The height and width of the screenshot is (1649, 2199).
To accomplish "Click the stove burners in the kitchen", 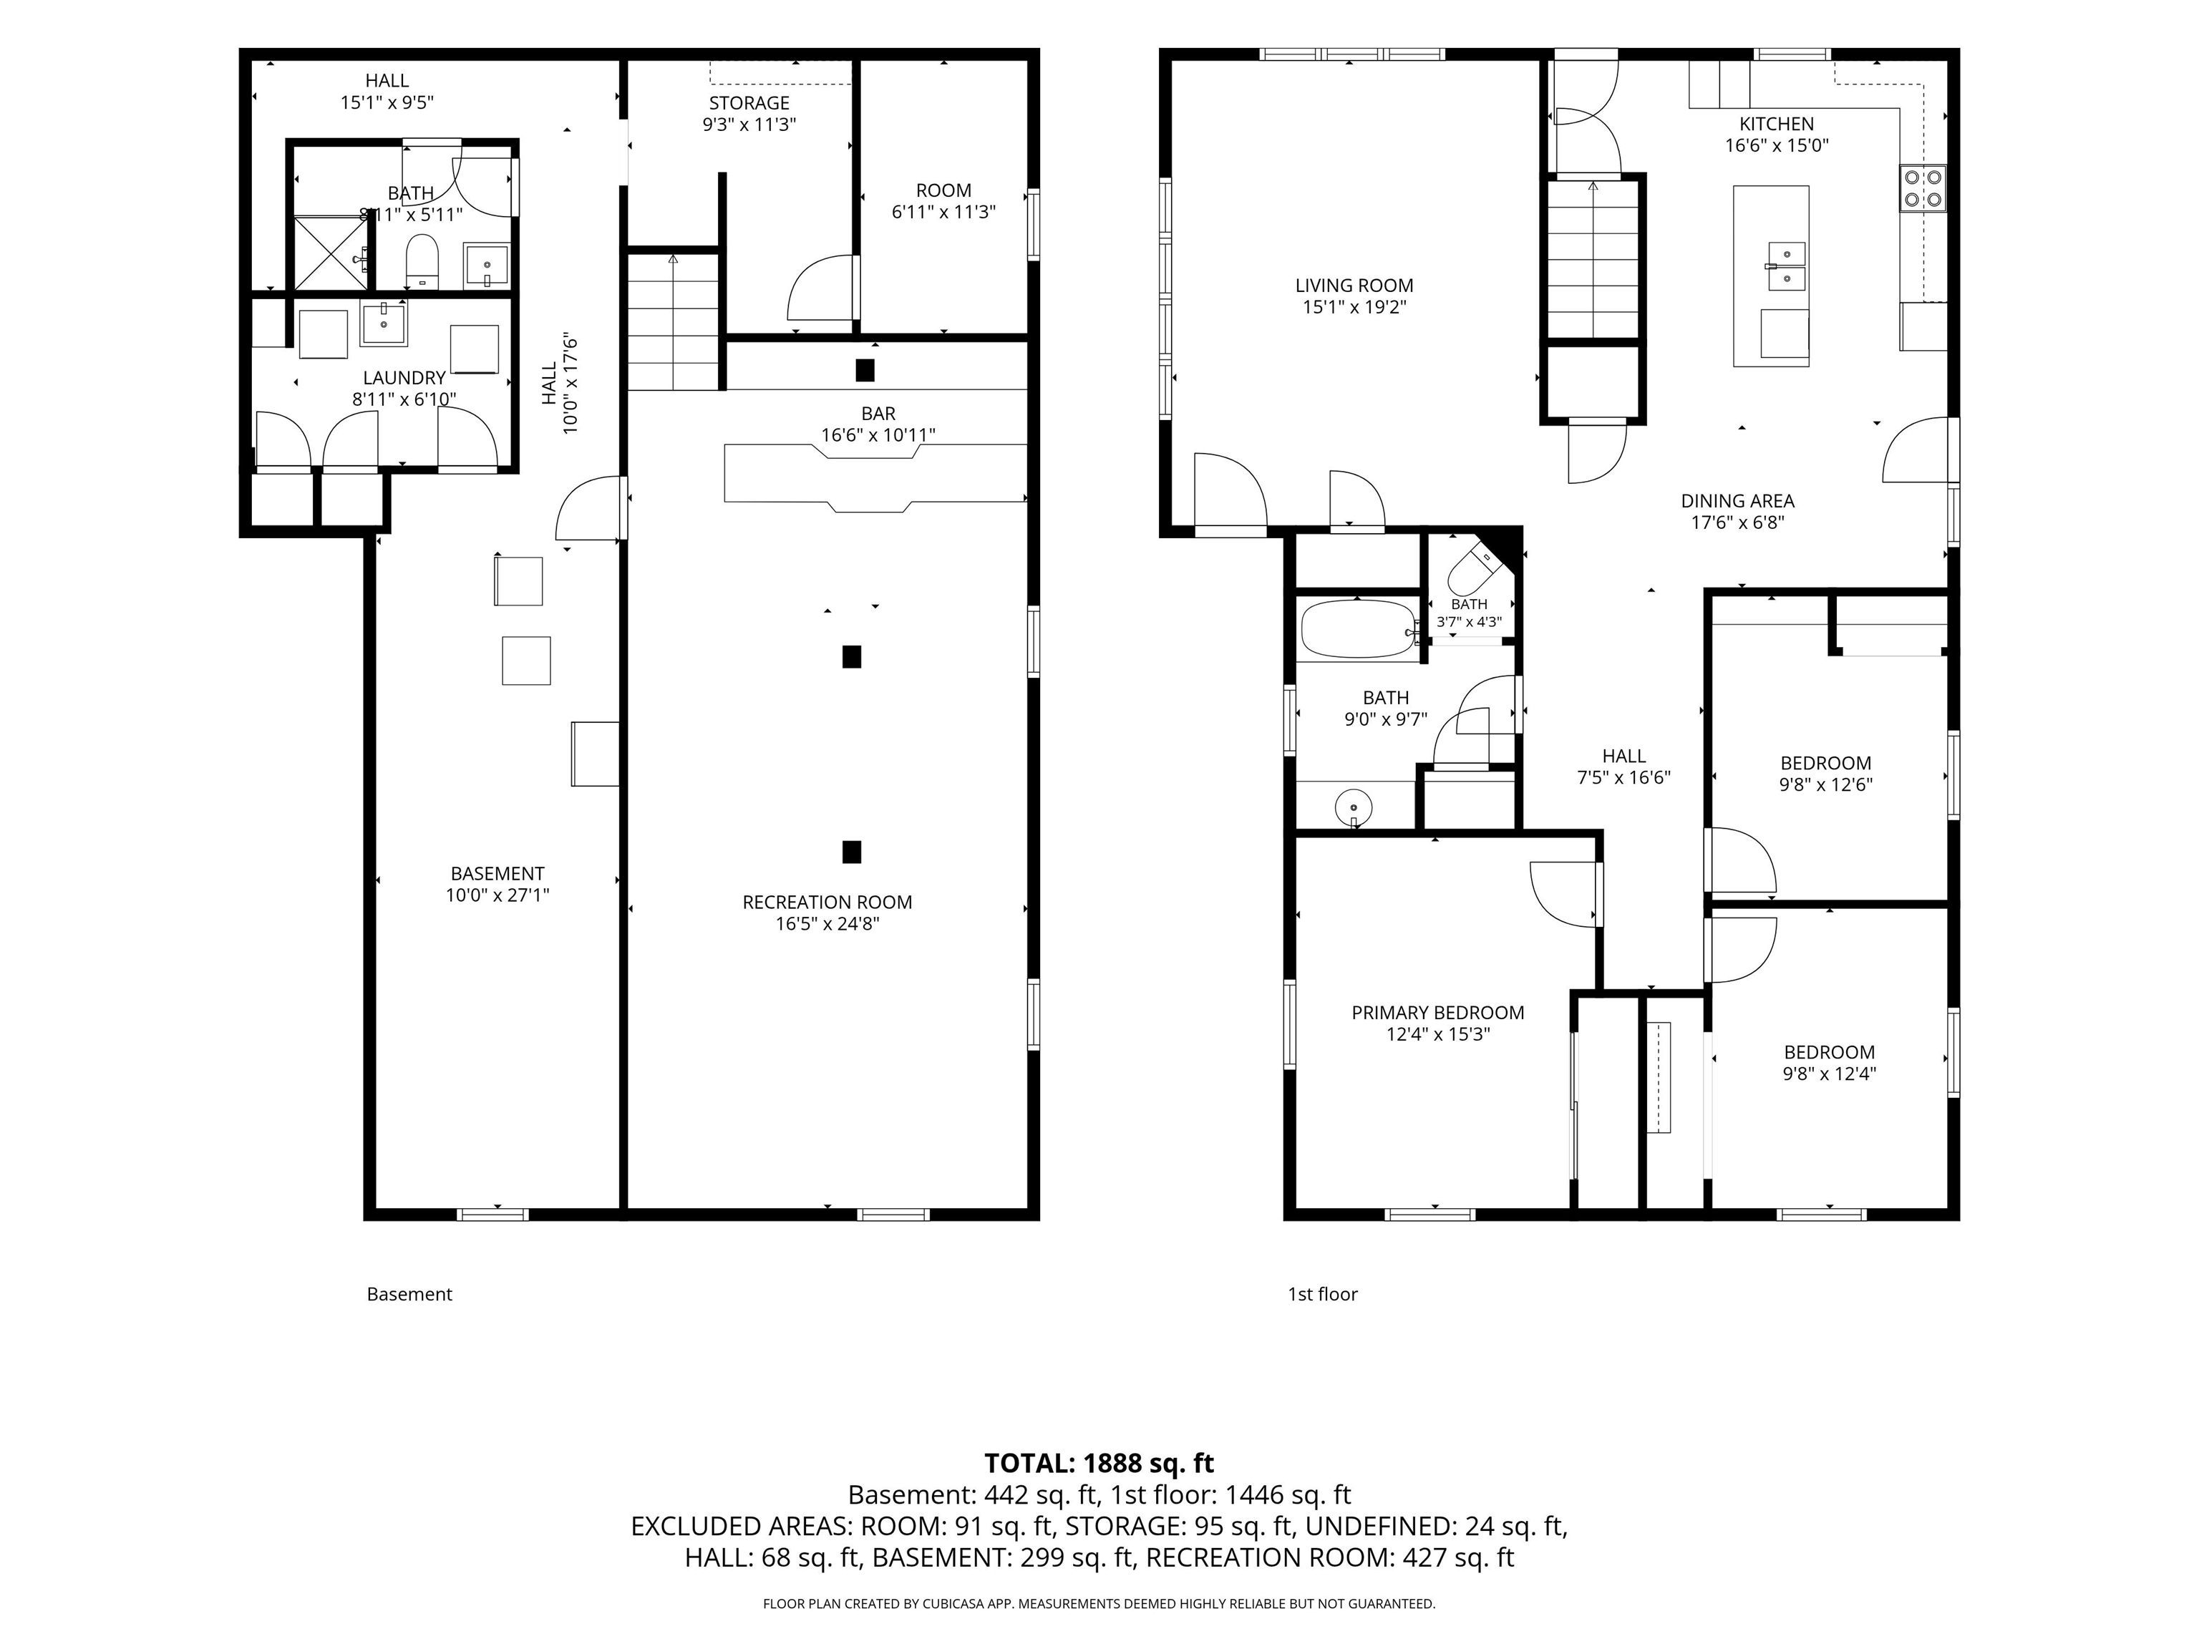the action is click(1923, 189).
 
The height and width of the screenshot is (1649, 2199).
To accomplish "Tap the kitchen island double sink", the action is click(1787, 266).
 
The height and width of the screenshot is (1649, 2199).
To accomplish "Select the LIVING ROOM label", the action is click(1354, 286).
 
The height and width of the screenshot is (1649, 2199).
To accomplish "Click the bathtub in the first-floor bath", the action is click(1356, 629).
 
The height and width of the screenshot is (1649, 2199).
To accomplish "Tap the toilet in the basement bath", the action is click(422, 261).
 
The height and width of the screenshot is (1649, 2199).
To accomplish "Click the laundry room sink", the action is click(383, 324).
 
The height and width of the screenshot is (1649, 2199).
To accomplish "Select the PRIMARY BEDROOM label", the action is click(1437, 1013).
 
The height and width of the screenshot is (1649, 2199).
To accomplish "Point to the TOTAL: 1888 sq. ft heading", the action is click(1099, 1463).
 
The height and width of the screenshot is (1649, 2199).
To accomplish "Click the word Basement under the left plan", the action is click(409, 1294).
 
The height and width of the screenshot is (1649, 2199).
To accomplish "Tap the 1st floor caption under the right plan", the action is click(1322, 1294).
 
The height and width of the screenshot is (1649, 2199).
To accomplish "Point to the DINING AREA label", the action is click(1738, 502).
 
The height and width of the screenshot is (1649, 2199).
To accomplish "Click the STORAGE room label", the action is click(749, 103).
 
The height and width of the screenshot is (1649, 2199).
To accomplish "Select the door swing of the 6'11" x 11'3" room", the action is click(821, 288).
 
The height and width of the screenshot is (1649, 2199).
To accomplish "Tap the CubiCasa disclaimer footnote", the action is click(1099, 1603).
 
